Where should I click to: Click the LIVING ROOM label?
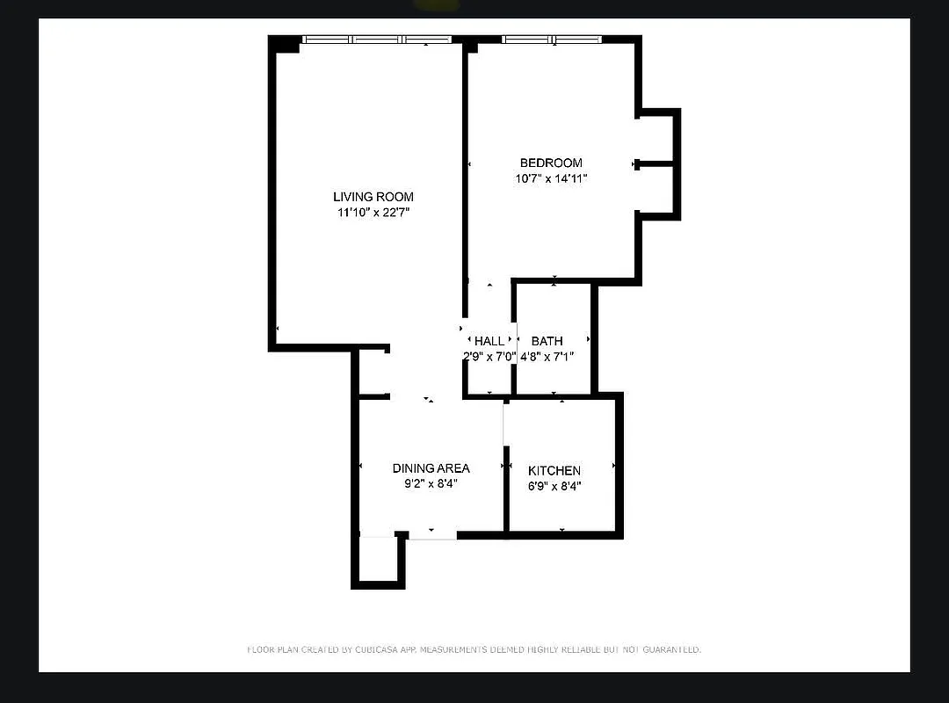[373, 197]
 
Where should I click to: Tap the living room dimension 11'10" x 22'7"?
[373, 213]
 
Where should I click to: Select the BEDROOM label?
[551, 163]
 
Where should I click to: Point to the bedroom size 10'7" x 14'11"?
[551, 178]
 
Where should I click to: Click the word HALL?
[489, 341]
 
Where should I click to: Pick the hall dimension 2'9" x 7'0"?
[489, 357]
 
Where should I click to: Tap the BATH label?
[547, 341]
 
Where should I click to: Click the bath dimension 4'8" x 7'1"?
[547, 357]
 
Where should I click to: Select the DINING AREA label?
[431, 468]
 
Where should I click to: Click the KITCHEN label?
[554, 471]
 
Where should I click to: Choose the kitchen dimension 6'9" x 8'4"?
[554, 486]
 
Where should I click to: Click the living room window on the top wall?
[377, 40]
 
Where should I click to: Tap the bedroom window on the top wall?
[552, 40]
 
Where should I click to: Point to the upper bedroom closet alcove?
[656, 137]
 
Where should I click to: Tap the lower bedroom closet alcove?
[656, 189]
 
